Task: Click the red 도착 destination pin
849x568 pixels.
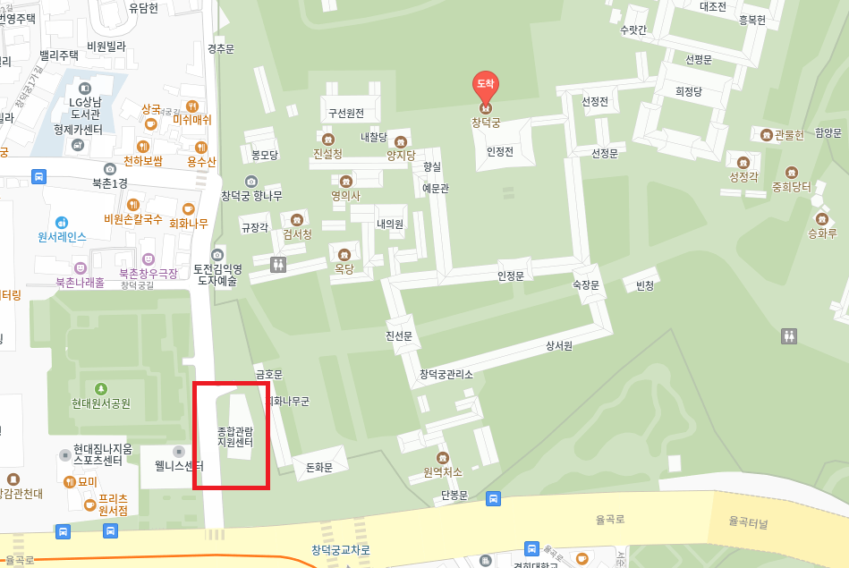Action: pyautogui.click(x=486, y=86)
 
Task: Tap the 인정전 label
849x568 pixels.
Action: pyautogui.click(x=499, y=152)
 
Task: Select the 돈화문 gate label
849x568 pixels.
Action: pyautogui.click(x=319, y=468)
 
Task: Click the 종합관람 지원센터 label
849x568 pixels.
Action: pyautogui.click(x=235, y=437)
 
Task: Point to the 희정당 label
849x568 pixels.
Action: pyautogui.click(x=689, y=91)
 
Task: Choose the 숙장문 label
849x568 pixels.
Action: pyautogui.click(x=586, y=284)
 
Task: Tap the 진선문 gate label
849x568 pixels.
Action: pyautogui.click(x=398, y=335)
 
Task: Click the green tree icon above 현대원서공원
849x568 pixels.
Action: pyautogui.click(x=101, y=388)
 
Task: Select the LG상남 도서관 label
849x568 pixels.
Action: pyautogui.click(x=85, y=108)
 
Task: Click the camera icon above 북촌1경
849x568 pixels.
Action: pyautogui.click(x=110, y=168)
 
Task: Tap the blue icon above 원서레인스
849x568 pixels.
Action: pyautogui.click(x=62, y=222)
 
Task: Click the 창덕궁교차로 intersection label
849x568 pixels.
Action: pyautogui.click(x=341, y=549)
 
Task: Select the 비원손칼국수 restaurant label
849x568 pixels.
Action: pyautogui.click(x=133, y=219)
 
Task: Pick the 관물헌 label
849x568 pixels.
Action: pyautogui.click(x=789, y=135)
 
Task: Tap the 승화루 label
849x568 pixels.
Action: pyautogui.click(x=822, y=233)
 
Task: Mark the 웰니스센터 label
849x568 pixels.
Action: pyautogui.click(x=179, y=466)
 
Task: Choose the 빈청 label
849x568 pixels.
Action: pyautogui.click(x=644, y=285)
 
